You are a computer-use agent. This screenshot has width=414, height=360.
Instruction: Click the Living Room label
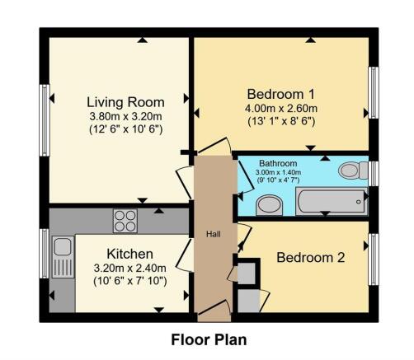click(x=125, y=102)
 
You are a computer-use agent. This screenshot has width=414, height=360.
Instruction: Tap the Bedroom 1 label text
click(x=280, y=93)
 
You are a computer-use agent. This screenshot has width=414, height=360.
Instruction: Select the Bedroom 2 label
click(x=311, y=258)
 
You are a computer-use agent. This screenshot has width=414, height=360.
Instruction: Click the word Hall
click(x=214, y=233)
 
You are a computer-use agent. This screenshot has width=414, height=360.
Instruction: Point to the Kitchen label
click(x=125, y=253)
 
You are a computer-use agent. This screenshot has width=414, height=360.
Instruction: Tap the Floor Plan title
click(x=209, y=339)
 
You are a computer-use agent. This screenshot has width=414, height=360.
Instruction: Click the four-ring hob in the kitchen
click(x=125, y=220)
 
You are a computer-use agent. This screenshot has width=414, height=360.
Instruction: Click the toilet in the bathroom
click(x=351, y=171)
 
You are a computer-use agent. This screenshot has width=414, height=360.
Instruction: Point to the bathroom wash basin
click(x=268, y=203)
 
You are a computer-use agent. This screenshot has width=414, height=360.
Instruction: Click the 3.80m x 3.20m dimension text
click(x=125, y=116)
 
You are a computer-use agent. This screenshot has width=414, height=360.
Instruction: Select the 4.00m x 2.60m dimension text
click(x=280, y=107)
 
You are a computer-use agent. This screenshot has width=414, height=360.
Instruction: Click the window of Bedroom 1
click(x=373, y=92)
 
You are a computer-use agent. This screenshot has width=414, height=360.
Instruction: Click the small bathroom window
click(x=373, y=173)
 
